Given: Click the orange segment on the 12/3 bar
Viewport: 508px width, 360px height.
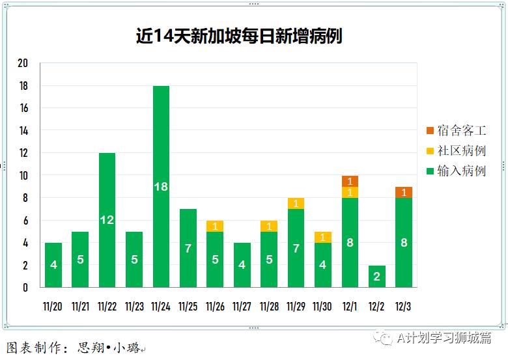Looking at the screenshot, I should pyautogui.click(x=404, y=192).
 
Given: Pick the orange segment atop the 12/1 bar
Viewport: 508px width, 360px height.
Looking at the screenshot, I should pyautogui.click(x=350, y=181).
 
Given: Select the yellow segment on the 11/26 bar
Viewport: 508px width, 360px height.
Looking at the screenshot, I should pyautogui.click(x=215, y=226).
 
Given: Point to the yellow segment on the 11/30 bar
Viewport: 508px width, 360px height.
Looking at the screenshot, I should pyautogui.click(x=322, y=237).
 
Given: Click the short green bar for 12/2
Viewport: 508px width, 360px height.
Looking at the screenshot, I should pyautogui.click(x=376, y=276).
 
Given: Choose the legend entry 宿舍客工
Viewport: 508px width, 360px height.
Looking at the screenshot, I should pyautogui.click(x=456, y=131).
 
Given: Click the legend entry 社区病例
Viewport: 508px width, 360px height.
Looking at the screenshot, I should pyautogui.click(x=456, y=151).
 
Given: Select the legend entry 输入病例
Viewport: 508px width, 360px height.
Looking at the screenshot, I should pyautogui.click(x=456, y=171).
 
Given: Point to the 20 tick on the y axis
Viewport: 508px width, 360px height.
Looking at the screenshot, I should pyautogui.click(x=23, y=63).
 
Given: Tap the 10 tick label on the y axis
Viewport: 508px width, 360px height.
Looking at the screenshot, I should pyautogui.click(x=23, y=175).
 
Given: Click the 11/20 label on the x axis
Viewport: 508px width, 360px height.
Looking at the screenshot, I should pyautogui.click(x=53, y=306).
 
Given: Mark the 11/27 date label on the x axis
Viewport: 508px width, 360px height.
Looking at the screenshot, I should pyautogui.click(x=242, y=306).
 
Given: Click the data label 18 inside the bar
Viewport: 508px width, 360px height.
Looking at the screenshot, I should pyautogui.click(x=161, y=187).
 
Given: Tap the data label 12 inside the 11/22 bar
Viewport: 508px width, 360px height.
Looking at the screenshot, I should pyautogui.click(x=107, y=220).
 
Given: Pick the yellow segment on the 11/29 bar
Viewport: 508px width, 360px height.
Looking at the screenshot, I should pyautogui.click(x=296, y=203).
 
